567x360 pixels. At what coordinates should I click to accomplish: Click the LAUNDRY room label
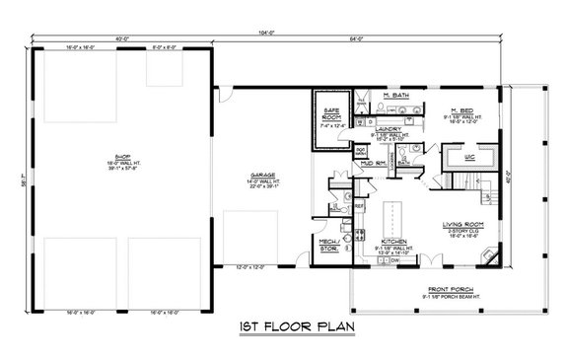pyautogui.click(x=384, y=128)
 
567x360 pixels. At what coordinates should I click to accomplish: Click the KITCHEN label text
pyautogui.click(x=392, y=240)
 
